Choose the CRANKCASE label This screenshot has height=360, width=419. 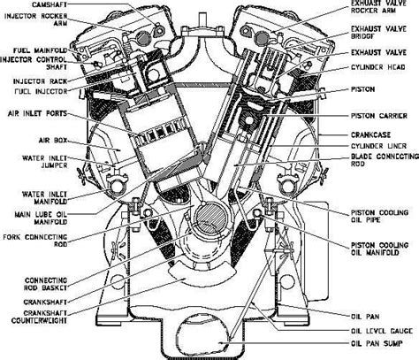point(377,134)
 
